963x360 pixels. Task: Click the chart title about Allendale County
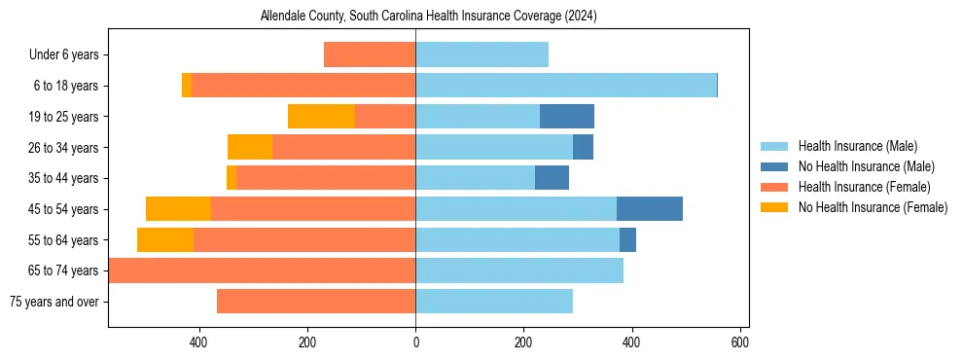click(x=428, y=17)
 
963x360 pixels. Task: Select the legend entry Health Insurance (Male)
click(x=857, y=146)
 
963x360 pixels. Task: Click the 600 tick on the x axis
click(x=739, y=342)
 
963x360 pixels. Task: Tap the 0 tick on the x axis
click(x=415, y=342)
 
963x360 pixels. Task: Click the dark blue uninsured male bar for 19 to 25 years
click(x=567, y=117)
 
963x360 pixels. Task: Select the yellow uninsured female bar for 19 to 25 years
click(x=321, y=117)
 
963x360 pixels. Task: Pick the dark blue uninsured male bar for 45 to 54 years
click(x=650, y=209)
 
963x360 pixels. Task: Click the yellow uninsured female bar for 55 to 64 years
click(x=165, y=240)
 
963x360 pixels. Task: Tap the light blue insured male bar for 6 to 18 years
click(x=566, y=86)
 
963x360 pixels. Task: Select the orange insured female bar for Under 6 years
click(x=370, y=55)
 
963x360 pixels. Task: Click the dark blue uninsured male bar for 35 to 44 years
click(x=552, y=178)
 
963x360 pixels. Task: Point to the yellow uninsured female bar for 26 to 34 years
click(x=250, y=148)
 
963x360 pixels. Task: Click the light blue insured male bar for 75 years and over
click(x=494, y=302)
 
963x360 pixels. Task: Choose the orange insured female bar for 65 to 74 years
click(x=263, y=270)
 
